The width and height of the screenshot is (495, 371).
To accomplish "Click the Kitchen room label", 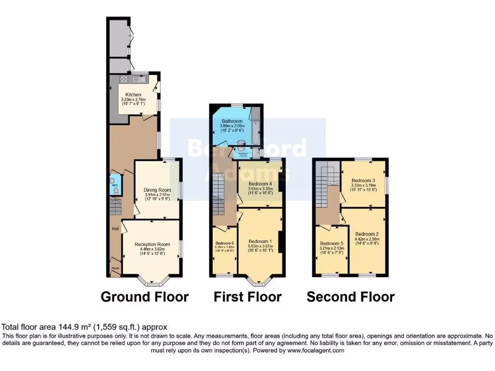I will [x=133, y=95].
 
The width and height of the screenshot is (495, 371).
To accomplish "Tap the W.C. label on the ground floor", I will [x=115, y=185].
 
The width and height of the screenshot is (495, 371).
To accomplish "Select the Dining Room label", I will [x=158, y=190].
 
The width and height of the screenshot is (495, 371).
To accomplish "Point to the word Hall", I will [x=115, y=228].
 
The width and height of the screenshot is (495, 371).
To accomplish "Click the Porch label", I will [x=115, y=268].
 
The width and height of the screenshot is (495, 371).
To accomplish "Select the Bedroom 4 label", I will [x=260, y=184].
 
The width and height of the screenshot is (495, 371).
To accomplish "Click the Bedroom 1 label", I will [x=260, y=242].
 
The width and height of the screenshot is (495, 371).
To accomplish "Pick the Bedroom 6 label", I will [x=225, y=243].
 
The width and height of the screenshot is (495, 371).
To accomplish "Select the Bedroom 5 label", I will [x=332, y=243].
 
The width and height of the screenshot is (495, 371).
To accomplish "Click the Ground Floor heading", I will [x=145, y=297].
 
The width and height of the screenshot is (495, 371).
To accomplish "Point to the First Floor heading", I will [x=247, y=297].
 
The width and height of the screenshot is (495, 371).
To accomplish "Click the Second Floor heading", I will [x=350, y=297].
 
